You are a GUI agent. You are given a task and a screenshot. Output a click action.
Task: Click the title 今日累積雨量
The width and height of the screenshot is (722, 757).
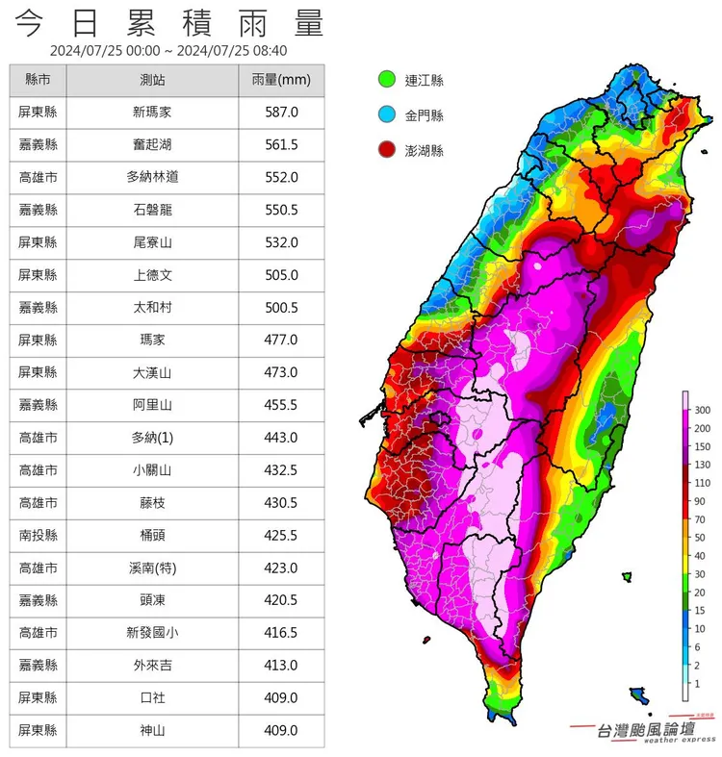click(x=171, y=22)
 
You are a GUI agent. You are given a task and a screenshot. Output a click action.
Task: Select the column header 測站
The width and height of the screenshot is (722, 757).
click(x=155, y=80)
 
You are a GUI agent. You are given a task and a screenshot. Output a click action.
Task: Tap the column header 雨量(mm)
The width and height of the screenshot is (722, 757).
click(x=281, y=80)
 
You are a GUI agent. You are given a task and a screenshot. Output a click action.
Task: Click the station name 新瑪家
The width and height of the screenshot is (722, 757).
click(x=155, y=113)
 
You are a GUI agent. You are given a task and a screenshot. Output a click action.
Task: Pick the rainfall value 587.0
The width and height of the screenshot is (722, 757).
click(x=281, y=113)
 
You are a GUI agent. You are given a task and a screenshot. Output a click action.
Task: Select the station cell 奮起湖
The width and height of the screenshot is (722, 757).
click(x=155, y=145)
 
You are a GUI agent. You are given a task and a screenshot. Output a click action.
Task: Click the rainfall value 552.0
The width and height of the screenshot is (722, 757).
click(x=281, y=178)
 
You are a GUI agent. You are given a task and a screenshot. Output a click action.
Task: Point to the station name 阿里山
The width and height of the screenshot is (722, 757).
click(x=155, y=406)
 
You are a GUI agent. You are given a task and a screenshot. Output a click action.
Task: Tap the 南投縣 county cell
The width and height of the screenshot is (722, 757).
click(x=39, y=536)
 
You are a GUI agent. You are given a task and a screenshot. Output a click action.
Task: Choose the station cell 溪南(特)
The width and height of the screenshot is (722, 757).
click(x=155, y=568)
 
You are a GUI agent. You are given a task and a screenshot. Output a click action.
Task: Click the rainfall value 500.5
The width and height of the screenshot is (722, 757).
click(x=281, y=308)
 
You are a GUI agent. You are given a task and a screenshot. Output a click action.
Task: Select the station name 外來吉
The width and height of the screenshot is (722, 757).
click(x=155, y=666)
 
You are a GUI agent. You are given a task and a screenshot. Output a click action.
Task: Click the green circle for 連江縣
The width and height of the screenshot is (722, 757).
click(x=387, y=80)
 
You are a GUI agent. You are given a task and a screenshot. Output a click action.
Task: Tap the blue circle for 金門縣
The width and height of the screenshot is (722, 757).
click(x=387, y=115)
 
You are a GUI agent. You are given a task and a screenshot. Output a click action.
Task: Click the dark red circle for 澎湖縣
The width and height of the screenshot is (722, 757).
click(x=387, y=151)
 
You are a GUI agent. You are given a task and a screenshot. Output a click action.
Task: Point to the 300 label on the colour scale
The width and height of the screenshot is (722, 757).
click(x=702, y=410)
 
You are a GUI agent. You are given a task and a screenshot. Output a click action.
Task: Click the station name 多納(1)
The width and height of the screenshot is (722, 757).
click(x=155, y=438)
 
